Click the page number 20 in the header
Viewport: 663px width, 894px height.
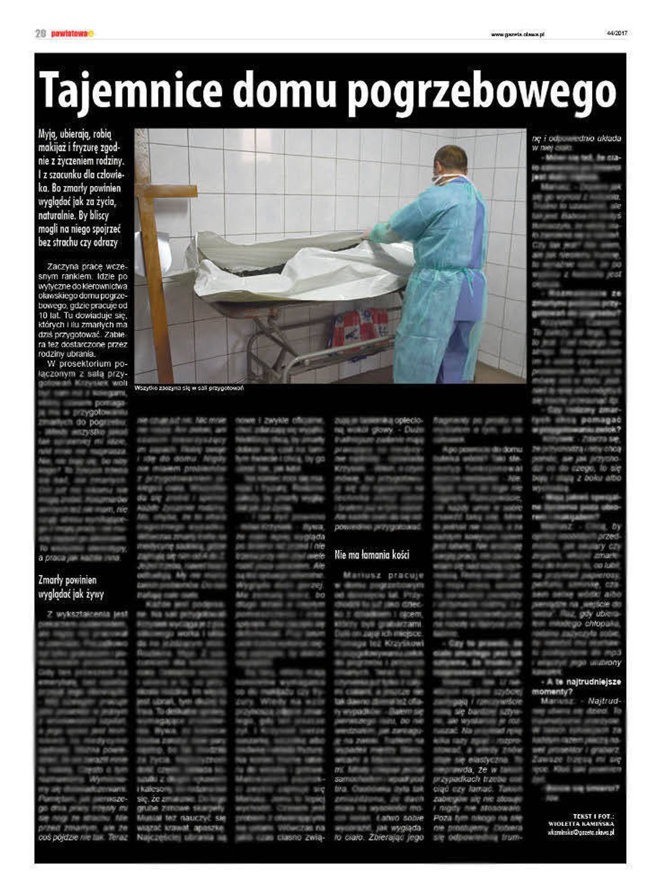coord(40,34)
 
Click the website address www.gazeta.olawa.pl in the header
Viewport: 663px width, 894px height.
coord(517,34)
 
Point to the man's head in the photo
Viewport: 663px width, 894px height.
coord(451,160)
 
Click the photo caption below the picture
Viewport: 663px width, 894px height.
coord(189,388)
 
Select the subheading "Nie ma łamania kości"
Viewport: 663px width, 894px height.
coord(372,555)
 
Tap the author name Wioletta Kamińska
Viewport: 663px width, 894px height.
coord(581,824)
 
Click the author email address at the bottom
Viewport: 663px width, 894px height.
coord(581,832)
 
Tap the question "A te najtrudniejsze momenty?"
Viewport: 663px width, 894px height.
coord(576,686)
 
